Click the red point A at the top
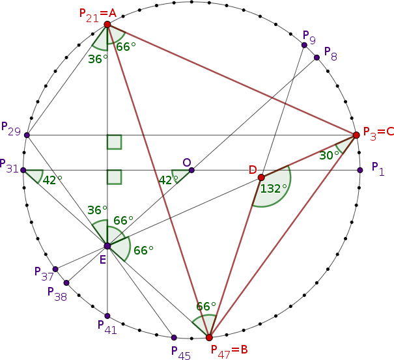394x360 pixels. pos(107,25)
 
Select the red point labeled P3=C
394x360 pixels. pos(356,135)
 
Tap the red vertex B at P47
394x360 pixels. pos(209,337)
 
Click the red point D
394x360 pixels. pos(261,177)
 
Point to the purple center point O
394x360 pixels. pos(191,171)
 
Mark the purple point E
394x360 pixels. pos(107,246)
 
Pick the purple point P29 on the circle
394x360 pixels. pos(27,135)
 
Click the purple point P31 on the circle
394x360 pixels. pos(23,171)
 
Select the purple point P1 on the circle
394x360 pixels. pos(360,171)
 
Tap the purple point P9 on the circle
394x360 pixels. pos(304,45)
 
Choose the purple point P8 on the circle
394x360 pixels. pos(317,58)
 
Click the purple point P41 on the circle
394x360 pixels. pos(107,316)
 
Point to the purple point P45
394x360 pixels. pos(174,337)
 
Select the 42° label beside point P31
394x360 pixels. pos(51,181)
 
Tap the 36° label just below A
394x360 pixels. pos(98,59)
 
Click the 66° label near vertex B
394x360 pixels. pos(206,307)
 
